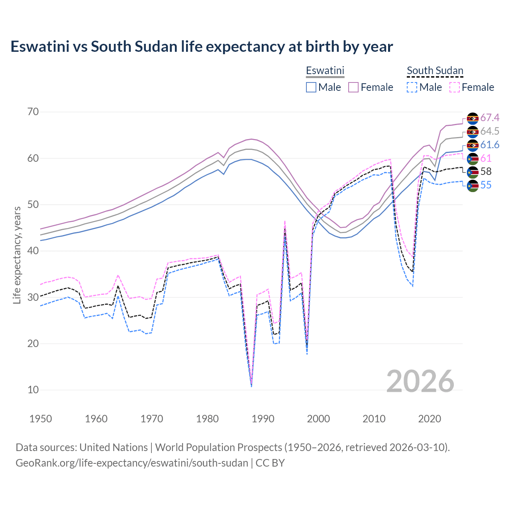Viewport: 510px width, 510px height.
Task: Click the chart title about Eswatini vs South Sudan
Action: (x=202, y=47)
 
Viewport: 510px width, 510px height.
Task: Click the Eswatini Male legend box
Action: (x=311, y=87)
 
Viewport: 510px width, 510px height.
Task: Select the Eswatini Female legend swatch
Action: (x=354, y=87)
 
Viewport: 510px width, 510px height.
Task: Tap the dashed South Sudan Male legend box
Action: (x=412, y=87)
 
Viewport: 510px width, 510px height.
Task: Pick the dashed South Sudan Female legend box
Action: (x=455, y=87)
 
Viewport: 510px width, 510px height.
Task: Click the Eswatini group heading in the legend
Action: (x=325, y=71)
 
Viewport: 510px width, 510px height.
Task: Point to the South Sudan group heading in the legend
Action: (x=435, y=71)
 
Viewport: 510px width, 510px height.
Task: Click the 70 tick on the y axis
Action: (x=33, y=112)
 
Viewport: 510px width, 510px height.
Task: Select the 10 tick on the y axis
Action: (x=33, y=390)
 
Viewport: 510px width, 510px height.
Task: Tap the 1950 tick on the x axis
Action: (x=41, y=419)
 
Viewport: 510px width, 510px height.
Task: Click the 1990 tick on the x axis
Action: (x=263, y=419)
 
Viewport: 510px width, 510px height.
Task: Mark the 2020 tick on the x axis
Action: (x=430, y=419)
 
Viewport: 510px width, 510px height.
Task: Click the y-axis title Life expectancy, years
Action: (x=17, y=255)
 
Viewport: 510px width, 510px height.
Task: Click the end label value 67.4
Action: (x=490, y=118)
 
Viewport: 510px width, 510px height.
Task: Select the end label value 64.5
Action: (x=490, y=131)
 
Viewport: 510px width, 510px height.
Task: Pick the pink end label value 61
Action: (x=486, y=159)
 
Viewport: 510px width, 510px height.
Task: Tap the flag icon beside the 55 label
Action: (x=473, y=185)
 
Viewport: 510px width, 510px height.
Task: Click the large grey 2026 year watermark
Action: (x=420, y=381)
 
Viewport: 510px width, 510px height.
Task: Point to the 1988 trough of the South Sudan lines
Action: (x=251, y=384)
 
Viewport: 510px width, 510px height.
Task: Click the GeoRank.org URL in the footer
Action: (x=131, y=463)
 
